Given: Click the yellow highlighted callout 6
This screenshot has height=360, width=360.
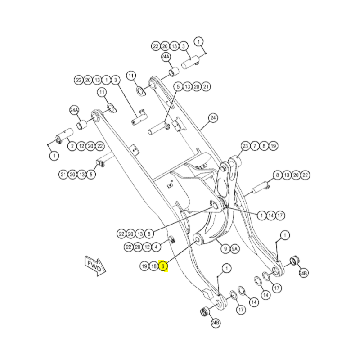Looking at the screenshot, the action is point(163,266).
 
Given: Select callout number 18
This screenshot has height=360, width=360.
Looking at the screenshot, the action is point(153,266).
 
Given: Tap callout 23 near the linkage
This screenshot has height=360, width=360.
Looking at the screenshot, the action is point(245,146).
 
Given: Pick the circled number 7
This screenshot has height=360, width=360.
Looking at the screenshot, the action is point(255,146).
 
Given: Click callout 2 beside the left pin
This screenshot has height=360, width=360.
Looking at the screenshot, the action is point(72,146).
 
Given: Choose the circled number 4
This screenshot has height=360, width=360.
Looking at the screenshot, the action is point(156,247).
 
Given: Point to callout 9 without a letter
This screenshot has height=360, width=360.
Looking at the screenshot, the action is point(225,249).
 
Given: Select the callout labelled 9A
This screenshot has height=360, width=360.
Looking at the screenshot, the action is point(234,249).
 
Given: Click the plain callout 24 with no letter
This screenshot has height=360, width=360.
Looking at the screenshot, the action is point(213,118).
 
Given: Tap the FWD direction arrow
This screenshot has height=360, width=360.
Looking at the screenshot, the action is point(95,266).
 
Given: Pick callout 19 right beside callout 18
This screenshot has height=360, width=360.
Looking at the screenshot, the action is point(144,266).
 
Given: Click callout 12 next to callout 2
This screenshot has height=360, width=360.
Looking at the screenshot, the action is point(81,146).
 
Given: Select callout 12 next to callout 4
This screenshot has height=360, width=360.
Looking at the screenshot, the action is point(147,247).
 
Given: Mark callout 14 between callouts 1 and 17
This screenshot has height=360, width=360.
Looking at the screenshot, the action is point(271,216).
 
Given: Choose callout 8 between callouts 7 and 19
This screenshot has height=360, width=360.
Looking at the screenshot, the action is point(264,146).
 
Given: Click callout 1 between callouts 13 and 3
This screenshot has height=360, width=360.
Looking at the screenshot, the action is point(106,80).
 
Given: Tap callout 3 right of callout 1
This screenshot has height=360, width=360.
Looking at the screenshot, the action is point(116,80).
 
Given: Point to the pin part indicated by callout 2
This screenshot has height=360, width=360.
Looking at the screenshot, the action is point(64,136).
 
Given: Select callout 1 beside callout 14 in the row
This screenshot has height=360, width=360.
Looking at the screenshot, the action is point(261,216).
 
